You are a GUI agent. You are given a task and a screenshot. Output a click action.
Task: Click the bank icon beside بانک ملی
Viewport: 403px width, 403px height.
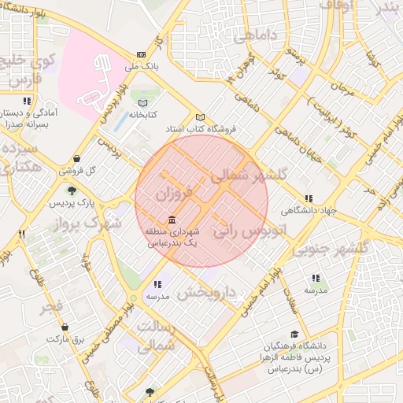(x=141, y=54)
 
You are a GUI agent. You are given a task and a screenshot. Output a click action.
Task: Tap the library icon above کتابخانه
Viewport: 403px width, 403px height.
(x=142, y=103)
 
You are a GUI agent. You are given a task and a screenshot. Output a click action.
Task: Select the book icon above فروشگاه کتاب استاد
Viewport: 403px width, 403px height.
(x=200, y=117)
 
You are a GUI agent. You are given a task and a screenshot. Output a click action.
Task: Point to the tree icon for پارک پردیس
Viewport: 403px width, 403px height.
(x=72, y=190)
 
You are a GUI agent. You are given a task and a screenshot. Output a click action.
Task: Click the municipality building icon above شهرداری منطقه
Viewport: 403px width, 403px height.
(x=172, y=220)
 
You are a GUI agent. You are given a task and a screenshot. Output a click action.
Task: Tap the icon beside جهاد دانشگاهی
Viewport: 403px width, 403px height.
(x=309, y=198)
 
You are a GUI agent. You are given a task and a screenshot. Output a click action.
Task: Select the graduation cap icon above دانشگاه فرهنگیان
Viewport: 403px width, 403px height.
(x=294, y=334)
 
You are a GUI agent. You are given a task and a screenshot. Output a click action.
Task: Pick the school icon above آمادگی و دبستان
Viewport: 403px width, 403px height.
(x=28, y=101)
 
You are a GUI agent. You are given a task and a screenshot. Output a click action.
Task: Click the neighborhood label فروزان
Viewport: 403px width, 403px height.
(x=174, y=192)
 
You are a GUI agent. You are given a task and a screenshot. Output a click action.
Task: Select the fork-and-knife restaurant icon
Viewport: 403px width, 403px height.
(x=22, y=234)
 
